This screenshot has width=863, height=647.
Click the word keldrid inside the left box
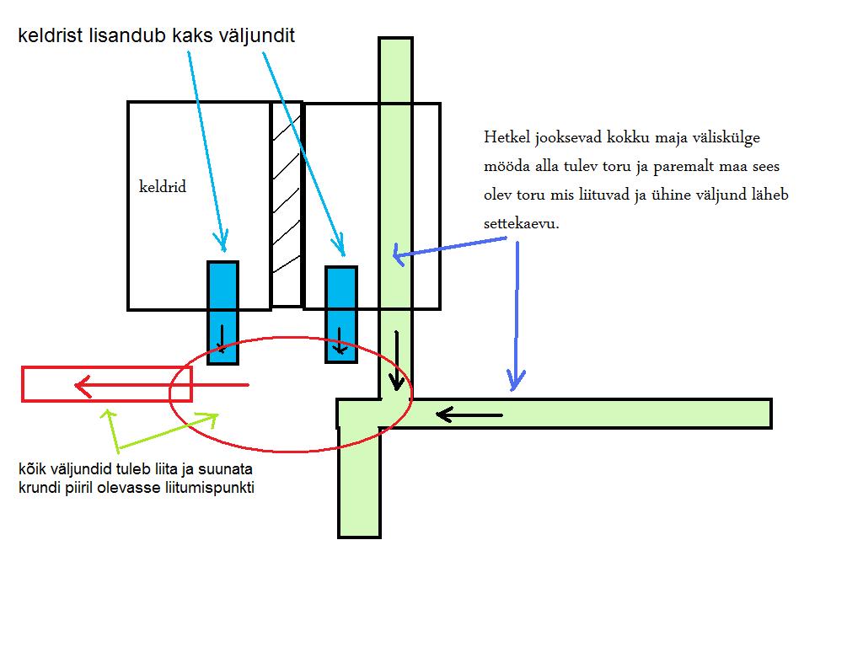pyautogui.click(x=162, y=187)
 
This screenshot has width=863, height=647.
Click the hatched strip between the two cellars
pyautogui.click(x=287, y=202)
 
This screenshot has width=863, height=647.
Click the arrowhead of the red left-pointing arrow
pyautogui.click(x=82, y=386)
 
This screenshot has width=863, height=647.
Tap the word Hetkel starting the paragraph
pyautogui.click(x=505, y=137)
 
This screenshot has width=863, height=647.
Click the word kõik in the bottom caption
pyautogui.click(x=29, y=469)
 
